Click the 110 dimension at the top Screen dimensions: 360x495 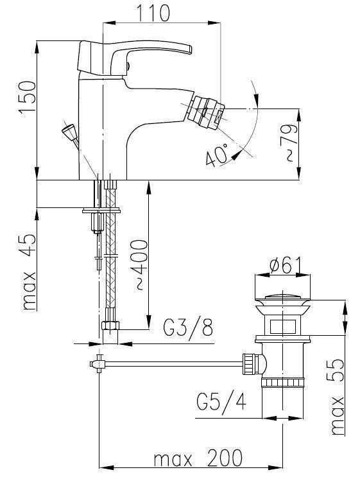tap(153, 13)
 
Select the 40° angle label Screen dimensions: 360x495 tap(217, 154)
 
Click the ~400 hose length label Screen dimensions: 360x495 tap(139, 265)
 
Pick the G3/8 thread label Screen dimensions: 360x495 tap(189, 329)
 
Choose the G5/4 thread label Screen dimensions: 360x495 tap(221, 401)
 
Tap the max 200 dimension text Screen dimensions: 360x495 tap(198, 458)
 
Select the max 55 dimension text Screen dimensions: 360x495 tap(337, 397)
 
